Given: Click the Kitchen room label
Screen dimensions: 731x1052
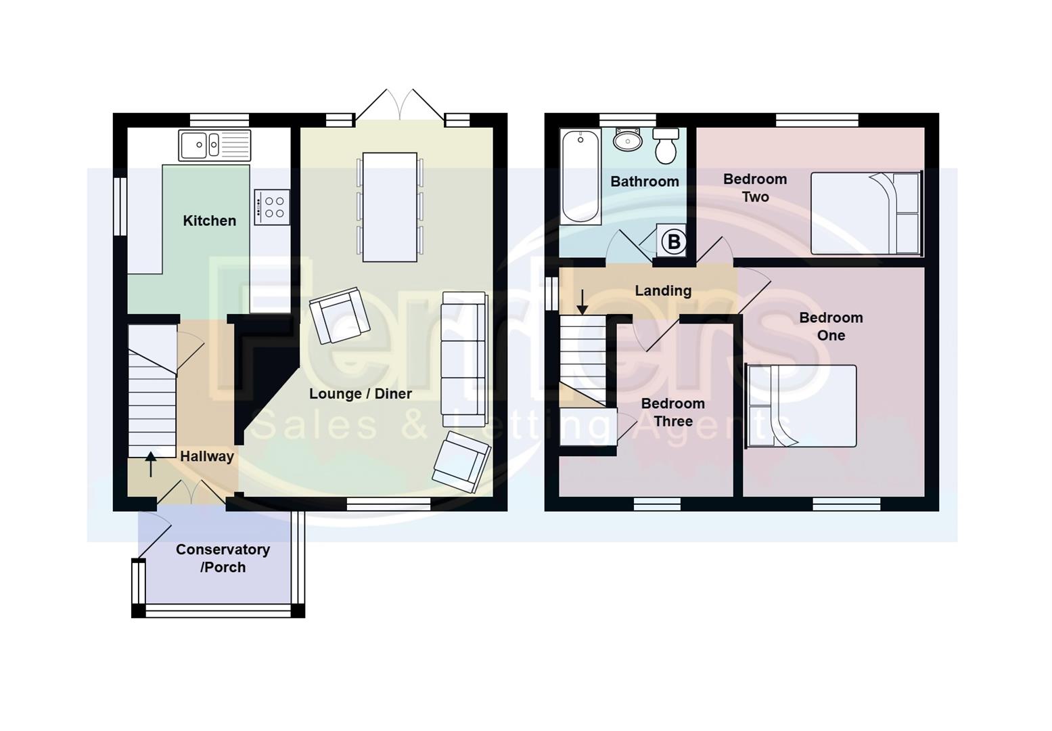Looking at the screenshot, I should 209,221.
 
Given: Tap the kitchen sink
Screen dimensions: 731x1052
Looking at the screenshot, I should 214,145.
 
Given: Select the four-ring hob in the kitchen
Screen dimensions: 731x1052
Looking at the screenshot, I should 273,207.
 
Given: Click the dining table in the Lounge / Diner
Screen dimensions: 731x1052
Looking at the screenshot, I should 390,207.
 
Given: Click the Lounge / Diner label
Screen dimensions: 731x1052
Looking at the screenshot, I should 360,394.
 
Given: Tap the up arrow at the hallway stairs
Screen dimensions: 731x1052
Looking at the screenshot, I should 151,464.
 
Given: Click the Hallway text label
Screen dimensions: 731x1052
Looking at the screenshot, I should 206,457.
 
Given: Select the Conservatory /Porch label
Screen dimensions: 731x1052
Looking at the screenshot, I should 223,558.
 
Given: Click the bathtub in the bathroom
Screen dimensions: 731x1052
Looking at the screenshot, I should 580,176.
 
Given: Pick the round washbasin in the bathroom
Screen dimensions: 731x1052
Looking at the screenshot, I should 628,141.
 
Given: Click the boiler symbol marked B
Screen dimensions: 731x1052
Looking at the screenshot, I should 673,242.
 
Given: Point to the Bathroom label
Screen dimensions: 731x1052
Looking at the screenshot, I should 644,181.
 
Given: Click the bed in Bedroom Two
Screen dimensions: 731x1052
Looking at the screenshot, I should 866,213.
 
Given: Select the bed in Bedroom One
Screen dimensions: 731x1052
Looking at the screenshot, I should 802,406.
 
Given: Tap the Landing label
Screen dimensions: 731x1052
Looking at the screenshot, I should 663,291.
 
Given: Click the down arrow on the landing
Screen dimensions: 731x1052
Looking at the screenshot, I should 582,303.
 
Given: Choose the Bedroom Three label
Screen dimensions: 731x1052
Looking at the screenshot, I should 672,412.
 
